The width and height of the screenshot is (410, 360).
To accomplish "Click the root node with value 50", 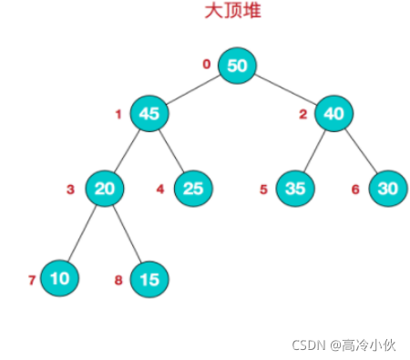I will point(237,66).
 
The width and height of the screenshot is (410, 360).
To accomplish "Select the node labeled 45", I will point(150,114).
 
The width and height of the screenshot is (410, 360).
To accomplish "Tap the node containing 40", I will point(333,114).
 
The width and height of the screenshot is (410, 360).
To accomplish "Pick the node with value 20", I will point(105,189).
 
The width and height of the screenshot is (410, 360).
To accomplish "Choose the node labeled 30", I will point(387,189).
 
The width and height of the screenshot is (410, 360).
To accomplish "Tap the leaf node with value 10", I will point(59,279).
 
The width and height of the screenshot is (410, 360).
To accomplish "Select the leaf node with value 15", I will point(149,279).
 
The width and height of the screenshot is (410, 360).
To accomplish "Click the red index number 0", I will point(206,64).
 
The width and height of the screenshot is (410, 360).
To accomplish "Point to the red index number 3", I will point(70,190).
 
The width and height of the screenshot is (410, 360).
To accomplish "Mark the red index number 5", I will point(263,190).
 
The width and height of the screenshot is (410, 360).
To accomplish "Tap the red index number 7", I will point(31,280).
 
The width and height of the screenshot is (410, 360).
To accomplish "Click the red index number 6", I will point(356,190).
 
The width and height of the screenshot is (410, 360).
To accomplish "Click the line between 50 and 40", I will point(285,89).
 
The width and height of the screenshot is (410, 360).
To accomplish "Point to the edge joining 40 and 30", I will point(360,151).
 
